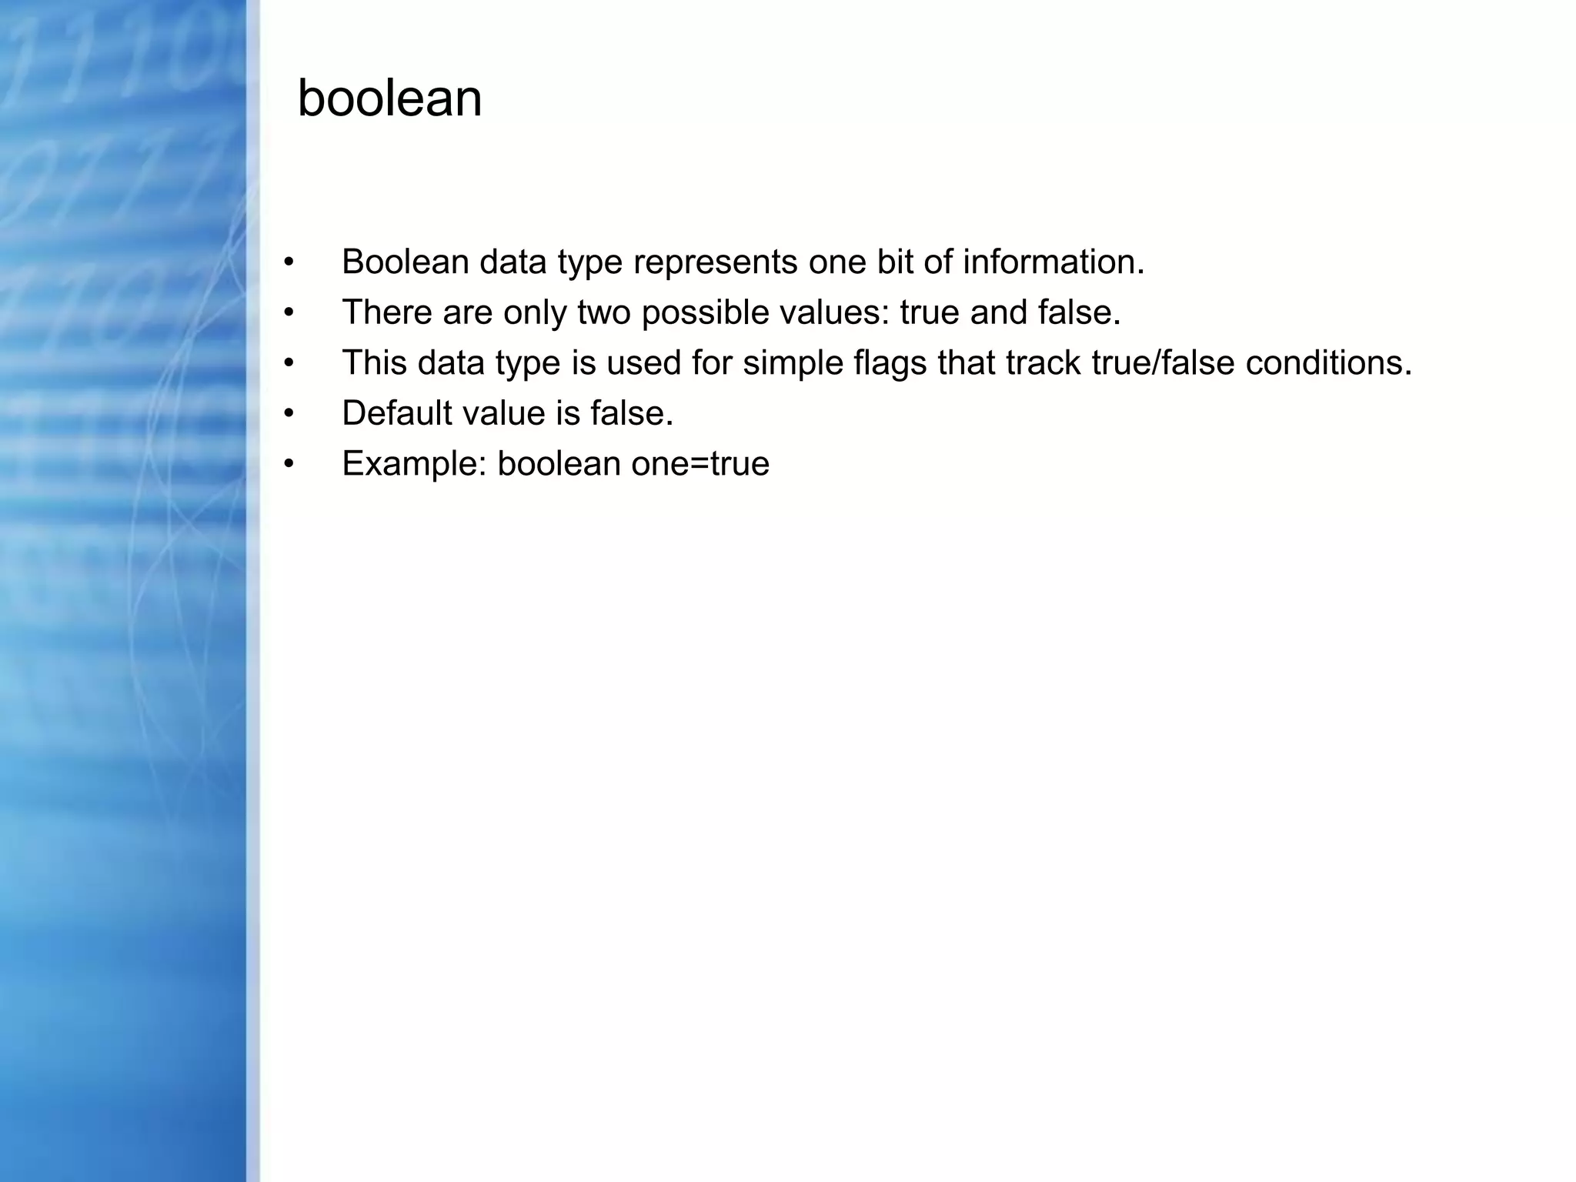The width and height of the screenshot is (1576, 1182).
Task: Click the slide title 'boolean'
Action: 389,99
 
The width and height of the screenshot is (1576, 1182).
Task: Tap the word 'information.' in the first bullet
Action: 1053,262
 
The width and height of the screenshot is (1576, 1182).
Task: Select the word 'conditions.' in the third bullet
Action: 1329,363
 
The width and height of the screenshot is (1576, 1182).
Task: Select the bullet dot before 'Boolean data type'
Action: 289,262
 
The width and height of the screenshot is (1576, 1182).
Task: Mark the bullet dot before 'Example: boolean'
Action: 289,464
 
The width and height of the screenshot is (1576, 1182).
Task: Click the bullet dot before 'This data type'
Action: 289,363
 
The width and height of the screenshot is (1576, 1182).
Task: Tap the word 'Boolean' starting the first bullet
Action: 406,262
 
